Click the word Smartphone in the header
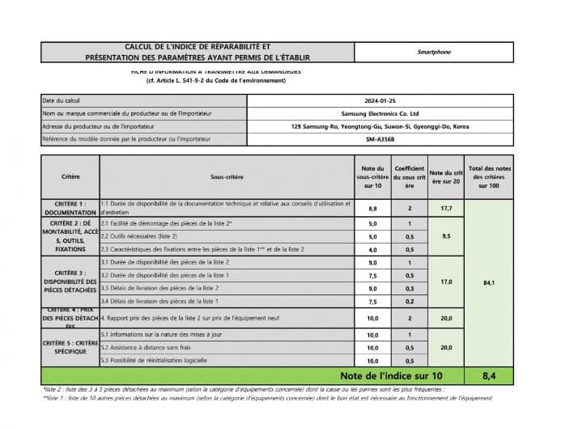[434, 53]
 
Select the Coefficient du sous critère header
[409, 176]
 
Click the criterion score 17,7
[445, 208]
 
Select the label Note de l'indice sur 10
[391, 375]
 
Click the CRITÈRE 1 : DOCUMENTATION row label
[70, 208]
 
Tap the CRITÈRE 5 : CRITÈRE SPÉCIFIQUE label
[70, 347]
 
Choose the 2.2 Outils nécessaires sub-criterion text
[138, 236]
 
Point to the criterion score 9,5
[445, 236]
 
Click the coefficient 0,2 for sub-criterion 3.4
[409, 301]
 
